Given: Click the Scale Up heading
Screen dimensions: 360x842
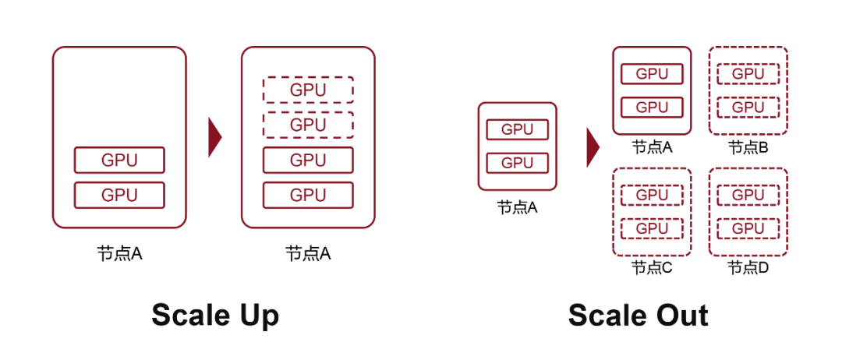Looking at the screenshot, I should pyautogui.click(x=214, y=316).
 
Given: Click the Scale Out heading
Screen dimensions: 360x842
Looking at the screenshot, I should pyautogui.click(x=638, y=316).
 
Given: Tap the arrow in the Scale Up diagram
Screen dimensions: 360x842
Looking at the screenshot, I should pyautogui.click(x=214, y=137).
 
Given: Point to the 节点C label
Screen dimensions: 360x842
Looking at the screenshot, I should pyautogui.click(x=652, y=267).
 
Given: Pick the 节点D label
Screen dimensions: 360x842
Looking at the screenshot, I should pyautogui.click(x=748, y=267).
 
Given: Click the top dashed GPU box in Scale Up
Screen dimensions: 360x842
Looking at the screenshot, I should pyautogui.click(x=308, y=90).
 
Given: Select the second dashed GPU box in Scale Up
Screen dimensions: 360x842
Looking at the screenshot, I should pyautogui.click(x=308, y=125).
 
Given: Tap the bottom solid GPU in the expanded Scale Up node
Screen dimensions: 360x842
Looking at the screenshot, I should pyautogui.click(x=308, y=195).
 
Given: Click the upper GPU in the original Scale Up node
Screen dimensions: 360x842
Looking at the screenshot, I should pyautogui.click(x=119, y=160).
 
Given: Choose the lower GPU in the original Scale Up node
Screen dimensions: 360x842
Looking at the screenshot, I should pyautogui.click(x=119, y=195).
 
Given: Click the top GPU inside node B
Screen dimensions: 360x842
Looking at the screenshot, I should pyautogui.click(x=748, y=74).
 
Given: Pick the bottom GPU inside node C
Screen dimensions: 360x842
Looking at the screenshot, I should pyautogui.click(x=652, y=228).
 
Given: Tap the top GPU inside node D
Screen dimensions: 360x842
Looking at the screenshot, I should pyautogui.click(x=748, y=194).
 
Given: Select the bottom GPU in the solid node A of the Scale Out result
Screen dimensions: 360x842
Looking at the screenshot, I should pyautogui.click(x=652, y=107).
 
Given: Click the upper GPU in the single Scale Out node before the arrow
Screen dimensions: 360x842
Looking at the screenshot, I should pyautogui.click(x=518, y=129).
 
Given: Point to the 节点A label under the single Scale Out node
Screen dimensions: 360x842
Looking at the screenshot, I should pyautogui.click(x=518, y=207).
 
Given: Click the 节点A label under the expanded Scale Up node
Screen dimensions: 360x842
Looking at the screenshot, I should pyautogui.click(x=308, y=253).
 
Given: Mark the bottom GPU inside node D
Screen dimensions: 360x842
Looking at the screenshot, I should pyautogui.click(x=748, y=228).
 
